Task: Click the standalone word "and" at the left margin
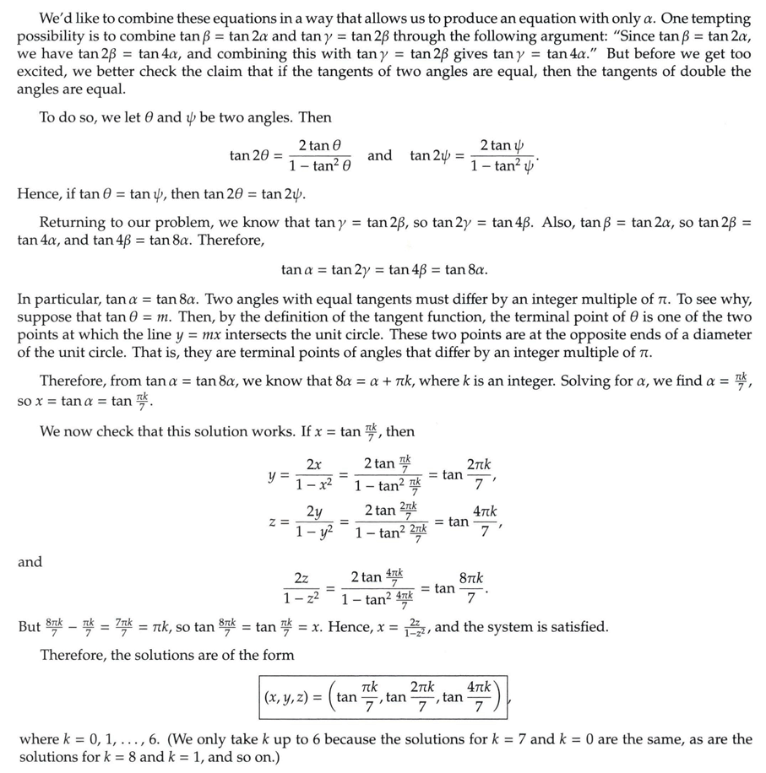tap(30, 562)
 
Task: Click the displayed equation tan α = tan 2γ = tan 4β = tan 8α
tap(383, 270)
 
